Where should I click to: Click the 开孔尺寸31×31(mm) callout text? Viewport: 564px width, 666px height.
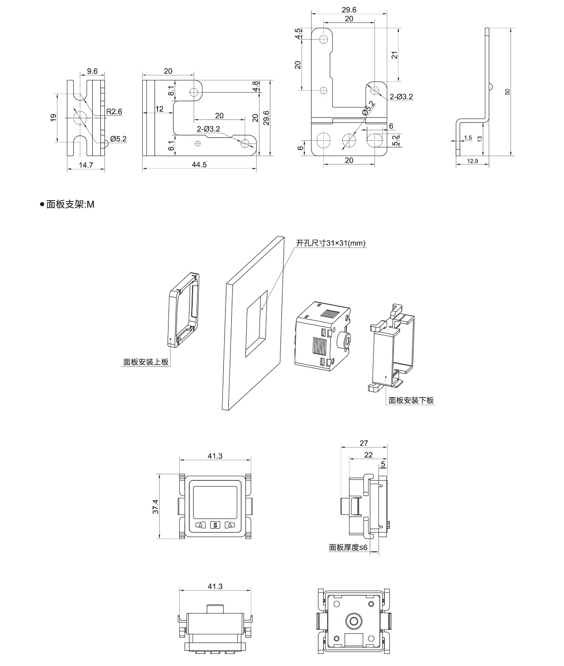(x=331, y=243)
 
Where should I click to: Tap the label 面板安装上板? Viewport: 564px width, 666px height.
(x=146, y=362)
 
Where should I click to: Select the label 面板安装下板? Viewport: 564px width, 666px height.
(x=411, y=400)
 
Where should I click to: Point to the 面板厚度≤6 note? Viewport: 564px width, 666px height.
(x=348, y=547)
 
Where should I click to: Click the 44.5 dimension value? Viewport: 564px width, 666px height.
(x=199, y=164)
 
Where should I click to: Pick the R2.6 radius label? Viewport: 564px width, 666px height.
(x=114, y=112)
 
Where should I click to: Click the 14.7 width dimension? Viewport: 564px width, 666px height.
(x=86, y=165)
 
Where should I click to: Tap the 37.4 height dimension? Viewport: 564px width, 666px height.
(x=155, y=506)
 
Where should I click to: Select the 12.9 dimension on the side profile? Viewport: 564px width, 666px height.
(x=472, y=161)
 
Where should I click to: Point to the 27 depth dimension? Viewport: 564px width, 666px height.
(x=364, y=443)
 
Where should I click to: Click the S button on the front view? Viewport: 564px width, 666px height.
(x=215, y=525)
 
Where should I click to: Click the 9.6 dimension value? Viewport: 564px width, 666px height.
(x=92, y=71)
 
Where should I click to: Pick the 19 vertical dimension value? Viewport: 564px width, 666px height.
(x=53, y=118)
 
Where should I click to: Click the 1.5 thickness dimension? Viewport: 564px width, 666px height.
(x=468, y=138)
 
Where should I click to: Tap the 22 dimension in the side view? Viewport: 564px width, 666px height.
(x=368, y=455)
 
